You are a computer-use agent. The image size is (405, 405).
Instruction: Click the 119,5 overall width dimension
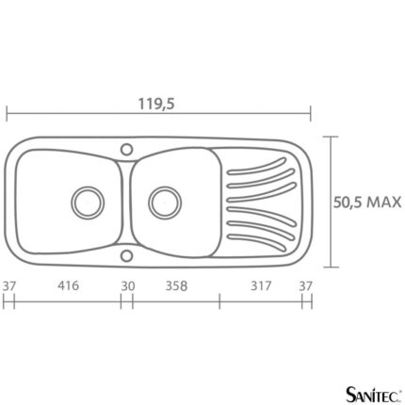(156, 104)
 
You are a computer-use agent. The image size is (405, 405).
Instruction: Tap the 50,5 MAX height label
(367, 202)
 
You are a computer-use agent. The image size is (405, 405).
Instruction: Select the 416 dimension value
(68, 285)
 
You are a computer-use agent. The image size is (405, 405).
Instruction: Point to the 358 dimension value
(176, 286)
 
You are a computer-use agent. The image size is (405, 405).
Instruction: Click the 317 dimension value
(261, 286)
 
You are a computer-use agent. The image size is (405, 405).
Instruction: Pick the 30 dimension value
(128, 286)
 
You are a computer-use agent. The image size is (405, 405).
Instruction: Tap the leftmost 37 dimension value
(8, 286)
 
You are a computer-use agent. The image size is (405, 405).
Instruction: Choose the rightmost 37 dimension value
(305, 286)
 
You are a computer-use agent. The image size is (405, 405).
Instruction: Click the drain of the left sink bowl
(88, 202)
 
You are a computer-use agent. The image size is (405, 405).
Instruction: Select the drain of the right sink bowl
(165, 202)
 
